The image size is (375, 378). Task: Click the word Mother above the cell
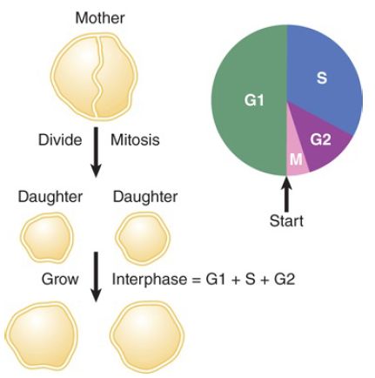point(100,18)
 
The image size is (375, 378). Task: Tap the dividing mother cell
point(95,76)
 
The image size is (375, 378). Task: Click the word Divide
point(60,140)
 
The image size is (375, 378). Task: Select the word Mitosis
point(135,140)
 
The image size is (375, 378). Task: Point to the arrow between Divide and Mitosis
point(96,152)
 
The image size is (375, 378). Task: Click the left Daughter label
point(50,197)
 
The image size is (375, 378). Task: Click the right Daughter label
point(145,197)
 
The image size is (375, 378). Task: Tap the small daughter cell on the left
point(47,238)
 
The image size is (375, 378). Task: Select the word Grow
point(60,280)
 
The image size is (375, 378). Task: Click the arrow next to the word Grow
point(96,277)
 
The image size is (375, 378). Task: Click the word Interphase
point(150,280)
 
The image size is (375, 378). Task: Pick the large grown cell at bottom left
point(42,337)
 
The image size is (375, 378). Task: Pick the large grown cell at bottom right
point(147,336)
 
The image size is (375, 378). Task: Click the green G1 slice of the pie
point(250,100)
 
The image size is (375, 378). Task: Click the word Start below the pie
point(286,221)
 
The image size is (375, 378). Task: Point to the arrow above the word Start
point(286,194)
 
